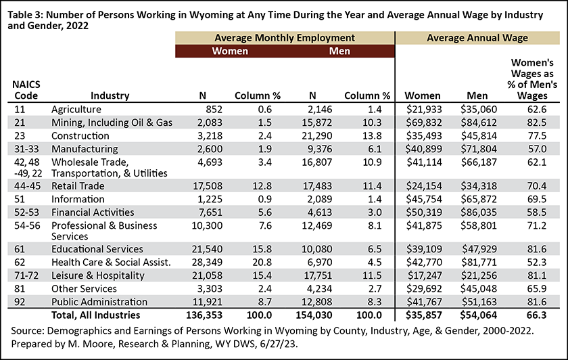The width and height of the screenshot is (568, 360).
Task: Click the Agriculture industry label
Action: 76,110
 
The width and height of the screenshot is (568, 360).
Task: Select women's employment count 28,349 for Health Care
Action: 208,262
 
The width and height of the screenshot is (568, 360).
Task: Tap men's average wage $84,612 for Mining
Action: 479,122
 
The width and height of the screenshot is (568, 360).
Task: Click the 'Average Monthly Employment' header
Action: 285,38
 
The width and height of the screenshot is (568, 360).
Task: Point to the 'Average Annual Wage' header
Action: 477,38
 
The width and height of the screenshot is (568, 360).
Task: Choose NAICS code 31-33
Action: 27,149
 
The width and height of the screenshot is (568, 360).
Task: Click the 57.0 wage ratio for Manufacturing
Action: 537,149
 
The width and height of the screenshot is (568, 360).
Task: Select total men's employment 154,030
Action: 314,315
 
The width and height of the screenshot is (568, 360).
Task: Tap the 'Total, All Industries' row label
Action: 95,315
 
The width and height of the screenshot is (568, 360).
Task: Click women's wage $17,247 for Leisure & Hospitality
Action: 425,275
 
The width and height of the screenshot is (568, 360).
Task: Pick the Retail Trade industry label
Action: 78,186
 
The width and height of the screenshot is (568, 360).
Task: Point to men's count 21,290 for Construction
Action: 317,136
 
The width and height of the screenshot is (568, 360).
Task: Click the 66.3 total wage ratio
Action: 536,315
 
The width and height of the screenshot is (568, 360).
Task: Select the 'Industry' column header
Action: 110,95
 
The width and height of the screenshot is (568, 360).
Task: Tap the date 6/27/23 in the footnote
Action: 279,344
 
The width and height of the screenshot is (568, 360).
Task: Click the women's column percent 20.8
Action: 262,262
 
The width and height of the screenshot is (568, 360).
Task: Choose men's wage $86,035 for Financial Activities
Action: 479,212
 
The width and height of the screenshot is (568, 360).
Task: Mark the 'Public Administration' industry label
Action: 99,302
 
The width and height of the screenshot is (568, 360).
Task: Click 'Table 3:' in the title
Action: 26,16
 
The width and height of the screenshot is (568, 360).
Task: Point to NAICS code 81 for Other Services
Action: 20,289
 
